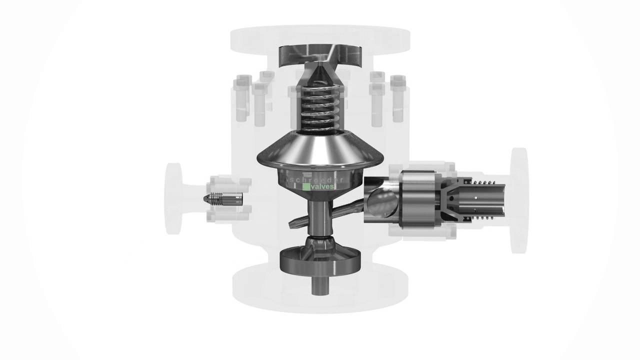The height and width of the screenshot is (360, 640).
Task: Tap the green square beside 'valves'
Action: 306,186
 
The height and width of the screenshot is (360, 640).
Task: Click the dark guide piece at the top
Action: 319,55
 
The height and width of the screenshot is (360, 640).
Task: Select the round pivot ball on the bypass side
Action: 382,202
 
